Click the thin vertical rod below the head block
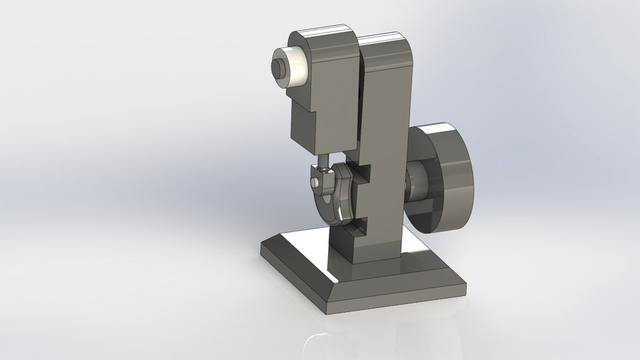[323, 161]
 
